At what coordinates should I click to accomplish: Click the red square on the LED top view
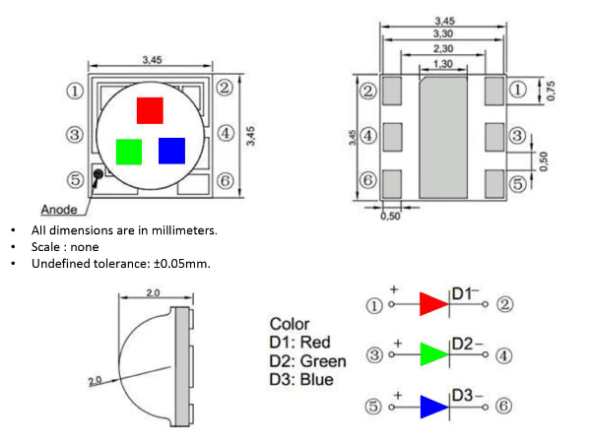pos(150,110)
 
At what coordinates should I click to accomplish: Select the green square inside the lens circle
pos(129,151)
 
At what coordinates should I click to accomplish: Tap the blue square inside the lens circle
pos(171,151)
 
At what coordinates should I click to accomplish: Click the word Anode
pos(60,210)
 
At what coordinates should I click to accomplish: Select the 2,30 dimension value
pos(442,48)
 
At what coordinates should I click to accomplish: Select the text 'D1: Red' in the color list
pos(300,343)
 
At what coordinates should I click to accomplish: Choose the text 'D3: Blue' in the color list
pos(301,380)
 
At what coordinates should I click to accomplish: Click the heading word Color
pos(290,324)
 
